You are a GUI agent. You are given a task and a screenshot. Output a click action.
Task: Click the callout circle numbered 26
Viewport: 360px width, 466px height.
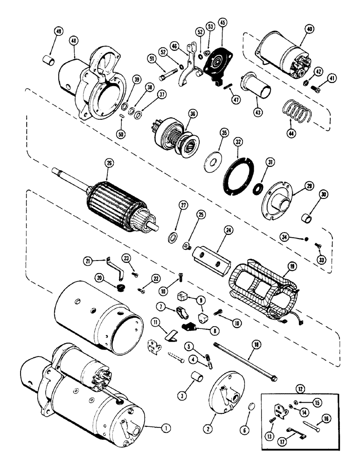[109, 164]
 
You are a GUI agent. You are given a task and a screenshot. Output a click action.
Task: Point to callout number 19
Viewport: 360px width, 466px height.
[292, 267]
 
